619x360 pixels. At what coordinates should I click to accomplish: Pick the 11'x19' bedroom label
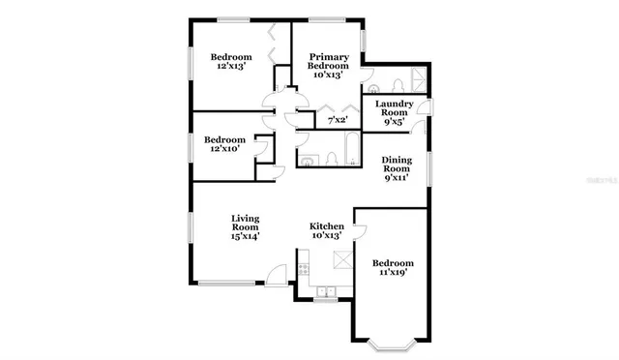(394, 268)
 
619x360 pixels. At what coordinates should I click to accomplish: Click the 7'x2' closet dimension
(338, 120)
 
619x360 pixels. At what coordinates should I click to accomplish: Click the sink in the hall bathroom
(307, 161)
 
